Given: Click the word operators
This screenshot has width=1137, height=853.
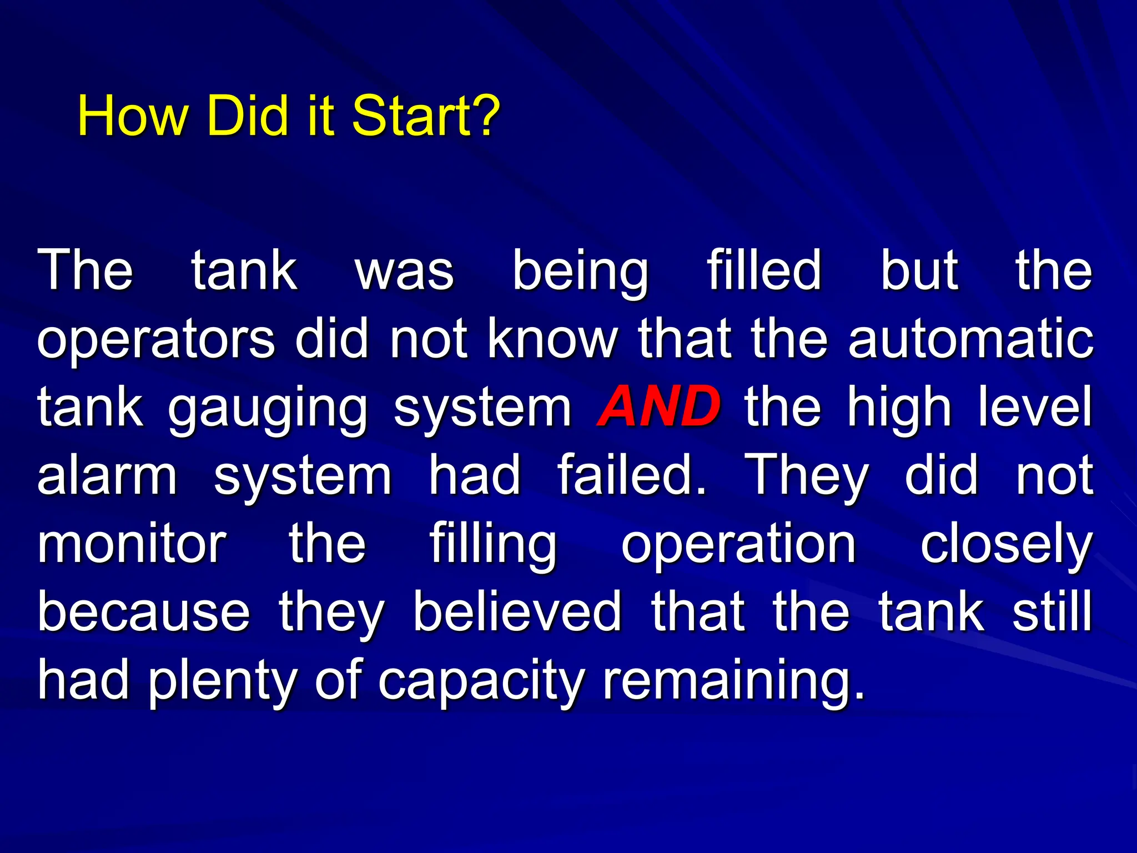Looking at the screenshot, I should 156,340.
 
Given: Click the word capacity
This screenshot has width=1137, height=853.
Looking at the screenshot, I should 481,682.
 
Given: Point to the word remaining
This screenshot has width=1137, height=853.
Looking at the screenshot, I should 734,681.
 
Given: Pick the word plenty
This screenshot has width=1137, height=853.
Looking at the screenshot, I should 221,682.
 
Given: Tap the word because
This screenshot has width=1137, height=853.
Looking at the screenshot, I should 144,612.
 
